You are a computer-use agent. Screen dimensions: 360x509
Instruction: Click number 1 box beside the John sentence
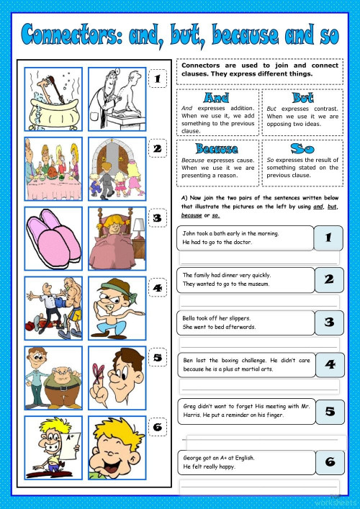coord(328,238)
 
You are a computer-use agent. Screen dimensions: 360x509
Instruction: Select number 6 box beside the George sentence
coord(328,462)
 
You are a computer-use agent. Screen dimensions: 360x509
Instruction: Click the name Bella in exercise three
coord(191,317)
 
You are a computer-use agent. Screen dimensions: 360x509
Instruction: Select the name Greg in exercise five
coord(190,406)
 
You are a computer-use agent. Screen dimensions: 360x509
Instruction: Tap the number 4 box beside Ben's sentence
coord(328,364)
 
